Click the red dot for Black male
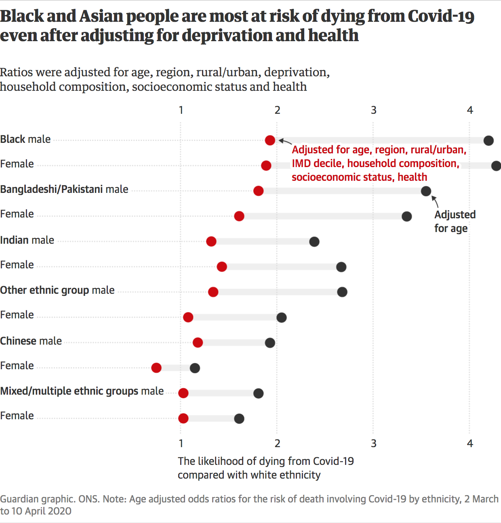(x=270, y=140)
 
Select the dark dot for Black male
(x=488, y=140)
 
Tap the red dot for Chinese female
(x=156, y=368)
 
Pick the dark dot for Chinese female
(x=195, y=368)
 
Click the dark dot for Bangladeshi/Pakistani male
(x=426, y=191)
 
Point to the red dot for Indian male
(x=211, y=242)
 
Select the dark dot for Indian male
(x=314, y=242)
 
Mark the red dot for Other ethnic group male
(x=213, y=292)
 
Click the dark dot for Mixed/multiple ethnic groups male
(x=258, y=393)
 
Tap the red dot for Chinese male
(x=198, y=343)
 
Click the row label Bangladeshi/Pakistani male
(x=64, y=189)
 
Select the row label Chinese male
(x=31, y=341)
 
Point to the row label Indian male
(x=27, y=240)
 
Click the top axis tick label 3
(x=374, y=110)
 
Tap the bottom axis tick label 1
(x=181, y=444)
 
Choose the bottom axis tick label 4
(x=470, y=444)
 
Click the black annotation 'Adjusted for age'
(x=455, y=221)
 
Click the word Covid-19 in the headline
(x=441, y=16)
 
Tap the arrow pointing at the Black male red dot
(x=285, y=142)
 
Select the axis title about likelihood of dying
(x=265, y=468)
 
